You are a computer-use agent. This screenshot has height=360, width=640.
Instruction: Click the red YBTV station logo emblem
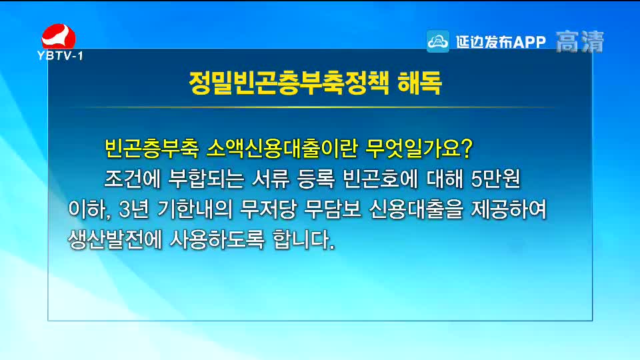click(x=59, y=36)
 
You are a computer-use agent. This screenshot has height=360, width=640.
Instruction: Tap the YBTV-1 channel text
click(x=60, y=55)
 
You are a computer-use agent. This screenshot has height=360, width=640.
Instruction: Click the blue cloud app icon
click(x=437, y=41)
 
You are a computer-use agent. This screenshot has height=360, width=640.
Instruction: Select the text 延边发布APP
click(x=501, y=41)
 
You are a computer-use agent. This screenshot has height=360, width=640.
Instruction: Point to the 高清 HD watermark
click(x=579, y=41)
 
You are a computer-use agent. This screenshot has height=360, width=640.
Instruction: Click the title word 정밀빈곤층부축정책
click(x=289, y=83)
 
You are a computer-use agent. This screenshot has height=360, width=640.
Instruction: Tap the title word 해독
click(x=419, y=83)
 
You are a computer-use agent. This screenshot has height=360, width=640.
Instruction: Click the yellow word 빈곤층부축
click(x=152, y=148)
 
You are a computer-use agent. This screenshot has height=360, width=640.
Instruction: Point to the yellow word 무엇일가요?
click(x=419, y=148)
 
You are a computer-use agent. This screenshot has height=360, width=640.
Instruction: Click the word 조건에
click(x=133, y=179)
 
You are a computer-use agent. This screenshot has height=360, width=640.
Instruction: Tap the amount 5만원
click(x=495, y=179)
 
